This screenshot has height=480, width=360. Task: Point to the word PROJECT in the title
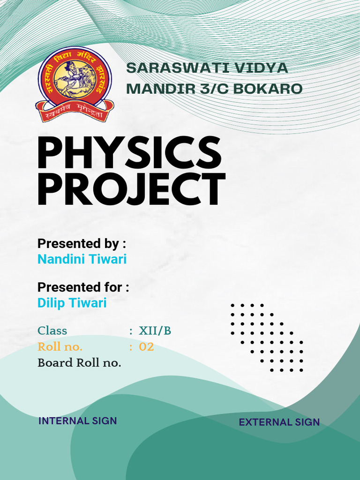click(x=131, y=189)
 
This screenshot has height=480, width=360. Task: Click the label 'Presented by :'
click(x=82, y=244)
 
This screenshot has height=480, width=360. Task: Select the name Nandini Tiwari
click(x=82, y=259)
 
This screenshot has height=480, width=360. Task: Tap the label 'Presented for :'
click(x=83, y=287)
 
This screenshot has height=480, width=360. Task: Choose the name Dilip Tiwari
click(x=72, y=303)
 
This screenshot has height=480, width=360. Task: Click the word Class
click(x=52, y=330)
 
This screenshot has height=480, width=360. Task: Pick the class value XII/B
click(x=155, y=330)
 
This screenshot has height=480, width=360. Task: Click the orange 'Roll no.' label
click(x=60, y=347)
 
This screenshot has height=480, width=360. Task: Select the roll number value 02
click(x=146, y=347)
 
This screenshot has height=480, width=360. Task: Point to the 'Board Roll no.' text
click(x=79, y=363)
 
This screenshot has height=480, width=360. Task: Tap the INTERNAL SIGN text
click(x=78, y=421)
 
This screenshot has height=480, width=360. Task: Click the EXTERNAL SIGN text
click(x=279, y=422)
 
